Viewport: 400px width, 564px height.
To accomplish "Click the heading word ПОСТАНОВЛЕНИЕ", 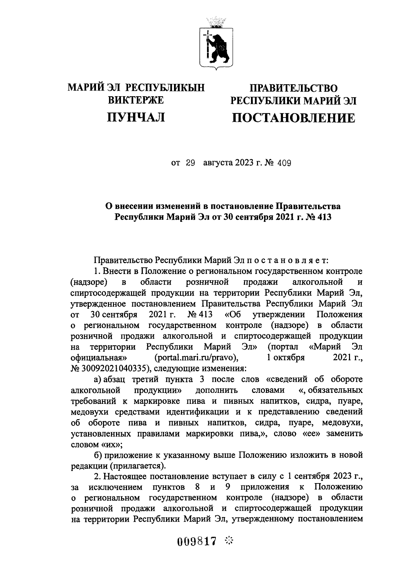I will coord(293,118).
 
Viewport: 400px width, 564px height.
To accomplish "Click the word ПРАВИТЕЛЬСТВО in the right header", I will coord(293,88).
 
